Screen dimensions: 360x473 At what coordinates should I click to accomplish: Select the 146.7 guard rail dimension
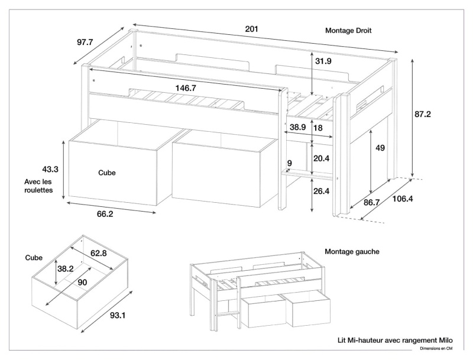tap(186, 87)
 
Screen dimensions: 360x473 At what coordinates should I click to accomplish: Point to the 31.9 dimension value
tap(323, 61)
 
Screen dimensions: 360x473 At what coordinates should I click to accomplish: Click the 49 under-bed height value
tap(380, 148)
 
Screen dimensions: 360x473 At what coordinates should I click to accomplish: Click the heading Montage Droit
tap(348, 31)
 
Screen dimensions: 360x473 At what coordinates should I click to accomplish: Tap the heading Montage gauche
tap(352, 251)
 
